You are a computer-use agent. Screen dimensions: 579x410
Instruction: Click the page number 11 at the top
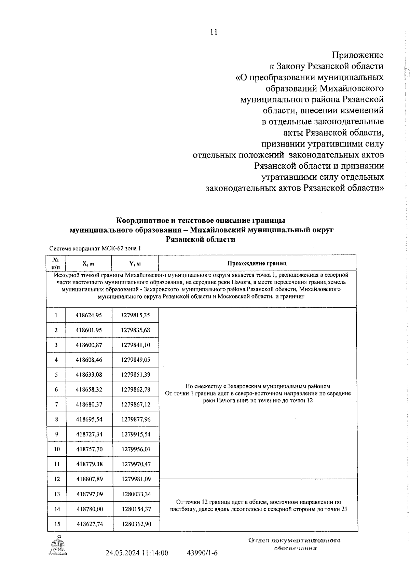pos(214,32)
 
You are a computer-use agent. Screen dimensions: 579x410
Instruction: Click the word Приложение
pos(357,55)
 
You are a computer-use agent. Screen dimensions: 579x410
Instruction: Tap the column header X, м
pos(88,263)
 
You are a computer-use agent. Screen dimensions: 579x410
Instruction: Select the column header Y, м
pos(135,263)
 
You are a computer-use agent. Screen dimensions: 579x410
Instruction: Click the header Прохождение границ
pos(257,263)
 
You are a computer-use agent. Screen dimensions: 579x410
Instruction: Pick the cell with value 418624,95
pos(89,315)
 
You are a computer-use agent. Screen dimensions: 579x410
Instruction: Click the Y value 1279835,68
pos(135,330)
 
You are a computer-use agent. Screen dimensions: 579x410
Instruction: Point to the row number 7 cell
pos(56,404)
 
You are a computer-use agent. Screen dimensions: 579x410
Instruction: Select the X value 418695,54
pos(89,419)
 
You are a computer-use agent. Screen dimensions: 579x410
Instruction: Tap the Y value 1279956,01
pos(135,449)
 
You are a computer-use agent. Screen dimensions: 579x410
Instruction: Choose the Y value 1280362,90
pos(136,524)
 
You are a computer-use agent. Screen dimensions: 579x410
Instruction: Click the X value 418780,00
pos(90,509)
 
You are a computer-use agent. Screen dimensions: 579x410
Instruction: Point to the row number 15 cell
pos(57,524)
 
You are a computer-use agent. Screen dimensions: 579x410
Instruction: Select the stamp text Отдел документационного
pos(295,541)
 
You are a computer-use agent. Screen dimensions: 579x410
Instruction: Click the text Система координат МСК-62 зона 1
pos(95,249)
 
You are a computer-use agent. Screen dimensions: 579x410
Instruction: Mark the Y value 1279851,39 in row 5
pos(135,374)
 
